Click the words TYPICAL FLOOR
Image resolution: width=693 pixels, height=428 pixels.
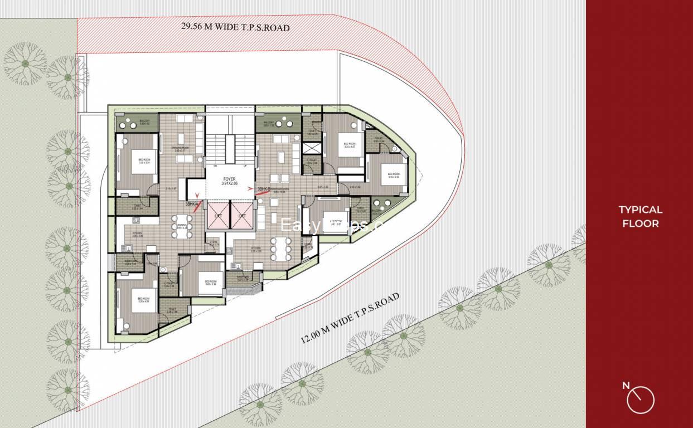coord(640,216)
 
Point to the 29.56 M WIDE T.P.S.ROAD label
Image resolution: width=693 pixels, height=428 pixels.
coord(235,26)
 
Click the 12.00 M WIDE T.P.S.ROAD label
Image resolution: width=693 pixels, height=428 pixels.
coord(350,318)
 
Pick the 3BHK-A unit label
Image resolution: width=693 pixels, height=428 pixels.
coord(193,204)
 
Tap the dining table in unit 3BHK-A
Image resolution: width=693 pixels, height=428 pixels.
coord(182,227)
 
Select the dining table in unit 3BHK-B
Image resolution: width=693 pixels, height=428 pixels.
coord(280,249)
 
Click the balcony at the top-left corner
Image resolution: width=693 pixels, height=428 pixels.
coord(137,122)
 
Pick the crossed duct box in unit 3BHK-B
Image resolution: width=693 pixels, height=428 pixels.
coord(313,149)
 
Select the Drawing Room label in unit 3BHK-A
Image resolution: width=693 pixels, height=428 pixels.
coord(182,149)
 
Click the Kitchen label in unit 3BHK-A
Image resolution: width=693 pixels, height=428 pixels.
coord(137,234)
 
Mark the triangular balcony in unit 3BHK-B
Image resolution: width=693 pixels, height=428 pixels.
coord(384,205)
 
